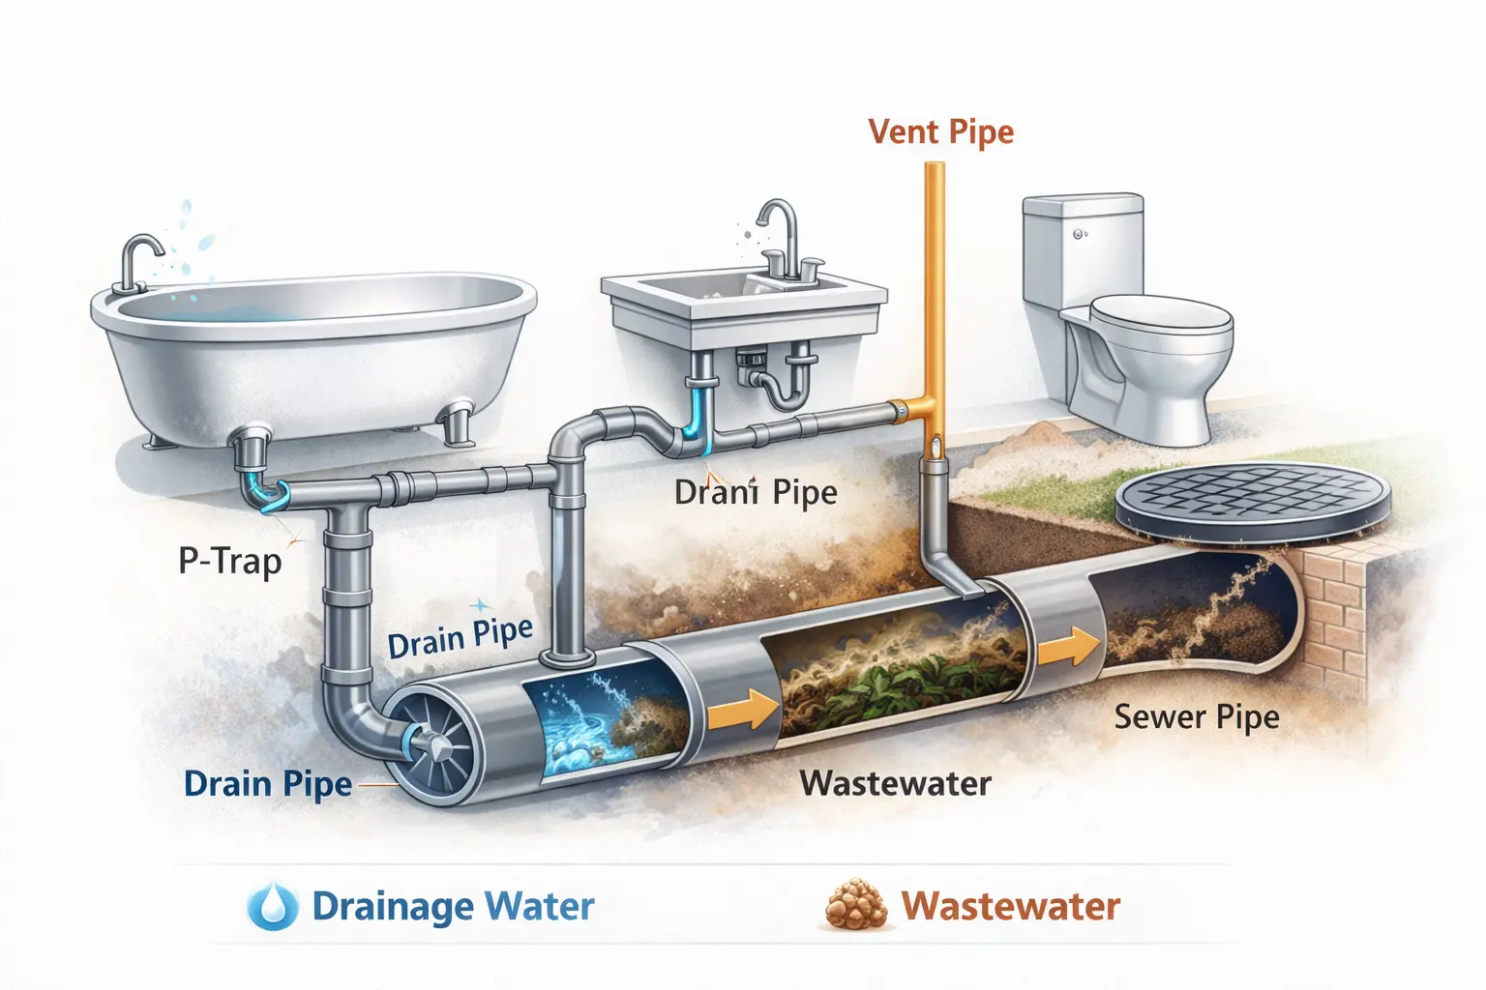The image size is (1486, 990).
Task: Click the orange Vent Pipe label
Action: pos(940,131)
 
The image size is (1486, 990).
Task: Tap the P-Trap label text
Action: pos(230,561)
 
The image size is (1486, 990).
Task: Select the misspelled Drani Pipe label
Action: pos(756,492)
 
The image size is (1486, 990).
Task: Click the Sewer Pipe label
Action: pos(1196,717)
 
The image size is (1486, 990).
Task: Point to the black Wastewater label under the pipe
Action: pos(895,783)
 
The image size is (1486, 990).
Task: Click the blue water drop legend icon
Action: pos(272,906)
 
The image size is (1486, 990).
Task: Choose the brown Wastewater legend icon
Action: pos(856,906)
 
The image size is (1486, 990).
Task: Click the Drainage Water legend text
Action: pos(453,907)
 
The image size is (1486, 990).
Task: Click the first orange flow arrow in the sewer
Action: pos(742,713)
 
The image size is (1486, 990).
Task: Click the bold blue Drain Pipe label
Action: pos(267,784)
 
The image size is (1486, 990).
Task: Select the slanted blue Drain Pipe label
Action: pos(460,637)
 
